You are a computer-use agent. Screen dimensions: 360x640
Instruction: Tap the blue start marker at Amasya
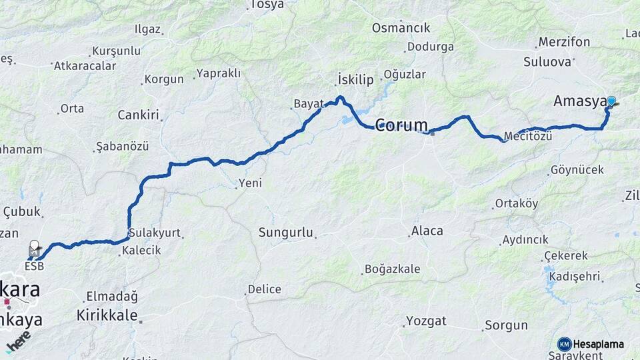coord(611,101)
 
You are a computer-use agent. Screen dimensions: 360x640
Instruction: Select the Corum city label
coord(402,125)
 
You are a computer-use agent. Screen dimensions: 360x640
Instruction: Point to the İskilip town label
coord(355,79)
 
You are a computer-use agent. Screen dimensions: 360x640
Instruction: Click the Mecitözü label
coord(529,136)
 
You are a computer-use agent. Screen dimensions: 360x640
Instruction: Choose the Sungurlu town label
coord(286,233)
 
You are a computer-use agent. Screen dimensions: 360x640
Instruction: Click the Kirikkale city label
coord(107,315)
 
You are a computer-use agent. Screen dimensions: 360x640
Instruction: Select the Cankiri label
coord(139,115)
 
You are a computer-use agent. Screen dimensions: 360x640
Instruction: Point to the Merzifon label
coord(564,42)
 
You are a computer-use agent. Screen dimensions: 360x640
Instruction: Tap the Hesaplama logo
coord(591,344)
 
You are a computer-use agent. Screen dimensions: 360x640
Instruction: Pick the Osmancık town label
coord(401,28)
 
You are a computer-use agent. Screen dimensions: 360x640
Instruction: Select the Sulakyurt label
coord(155,233)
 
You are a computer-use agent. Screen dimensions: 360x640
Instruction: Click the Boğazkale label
coord(393,269)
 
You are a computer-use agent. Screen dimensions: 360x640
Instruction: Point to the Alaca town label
coord(427,231)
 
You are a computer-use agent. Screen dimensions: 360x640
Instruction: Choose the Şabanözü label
coord(122,145)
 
